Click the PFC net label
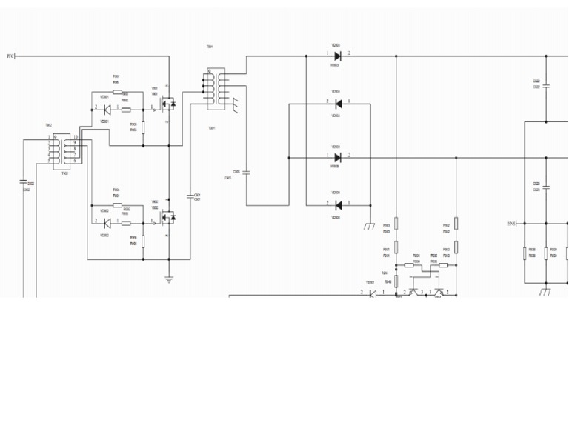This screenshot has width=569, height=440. pyautogui.click(x=10, y=56)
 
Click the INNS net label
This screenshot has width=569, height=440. pyautogui.click(x=511, y=223)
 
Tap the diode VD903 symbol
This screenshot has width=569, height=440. pyautogui.click(x=338, y=56)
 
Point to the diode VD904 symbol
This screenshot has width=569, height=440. pyautogui.click(x=338, y=104)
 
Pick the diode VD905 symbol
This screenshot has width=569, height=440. pyautogui.click(x=338, y=158)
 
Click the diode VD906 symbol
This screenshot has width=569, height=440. pyautogui.click(x=338, y=205)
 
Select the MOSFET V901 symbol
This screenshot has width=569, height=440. pyautogui.click(x=167, y=104)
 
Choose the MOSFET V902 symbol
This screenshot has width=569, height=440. pyautogui.click(x=167, y=217)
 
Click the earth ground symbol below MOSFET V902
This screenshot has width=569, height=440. pyautogui.click(x=169, y=279)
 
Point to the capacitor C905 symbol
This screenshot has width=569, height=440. pyautogui.click(x=246, y=173)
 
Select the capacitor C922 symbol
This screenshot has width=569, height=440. pyautogui.click(x=546, y=86)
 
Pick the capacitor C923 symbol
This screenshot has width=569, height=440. pyautogui.click(x=546, y=187)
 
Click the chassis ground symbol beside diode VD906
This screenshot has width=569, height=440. pyautogui.click(x=369, y=226)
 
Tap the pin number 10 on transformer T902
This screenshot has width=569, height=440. pyautogui.click(x=76, y=137)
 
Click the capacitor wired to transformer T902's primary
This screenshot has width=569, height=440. pyautogui.click(x=24, y=182)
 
